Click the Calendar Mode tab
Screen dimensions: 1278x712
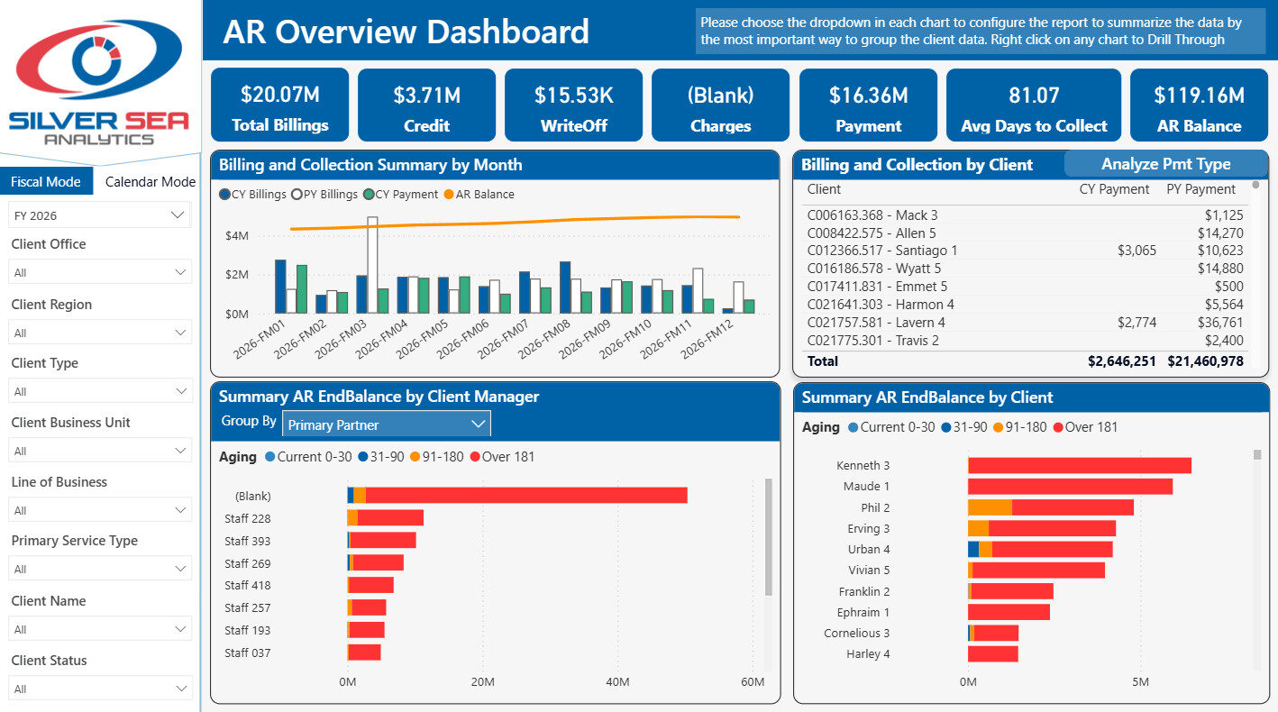coord(150,181)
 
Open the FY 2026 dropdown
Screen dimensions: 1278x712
coord(100,215)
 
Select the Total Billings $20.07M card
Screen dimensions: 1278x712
coord(279,105)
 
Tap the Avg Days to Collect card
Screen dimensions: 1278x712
coord(1033,105)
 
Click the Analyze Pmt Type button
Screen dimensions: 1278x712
coord(1165,164)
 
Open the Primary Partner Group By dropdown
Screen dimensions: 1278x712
coord(387,424)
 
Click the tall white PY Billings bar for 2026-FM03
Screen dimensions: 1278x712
coord(372,265)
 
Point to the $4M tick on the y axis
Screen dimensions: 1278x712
coord(236,235)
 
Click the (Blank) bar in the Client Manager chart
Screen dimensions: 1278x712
coord(517,495)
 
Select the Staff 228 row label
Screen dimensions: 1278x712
coord(247,518)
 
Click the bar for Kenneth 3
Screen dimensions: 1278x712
coord(1080,466)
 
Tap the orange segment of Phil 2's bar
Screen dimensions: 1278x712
coord(990,507)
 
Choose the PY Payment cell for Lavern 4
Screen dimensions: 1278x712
coord(1219,323)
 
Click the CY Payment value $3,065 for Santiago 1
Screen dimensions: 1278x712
coord(1137,251)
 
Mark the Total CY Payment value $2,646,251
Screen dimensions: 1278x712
coord(1122,361)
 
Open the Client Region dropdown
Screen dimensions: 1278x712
coord(100,332)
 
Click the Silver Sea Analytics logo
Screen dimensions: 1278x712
coord(99,81)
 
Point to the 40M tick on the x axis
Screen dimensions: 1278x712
coord(617,681)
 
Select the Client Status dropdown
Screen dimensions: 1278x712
coord(100,688)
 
